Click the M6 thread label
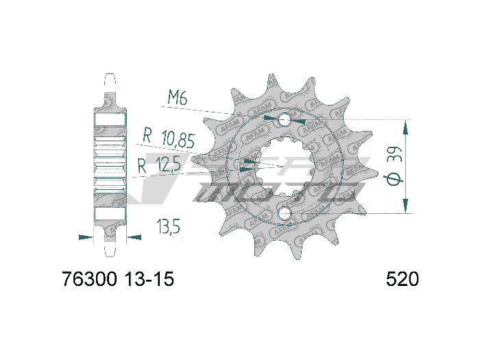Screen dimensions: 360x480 click(x=178, y=98)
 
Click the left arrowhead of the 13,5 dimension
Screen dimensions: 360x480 click(x=86, y=237)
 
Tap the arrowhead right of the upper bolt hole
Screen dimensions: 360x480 click(x=300, y=121)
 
